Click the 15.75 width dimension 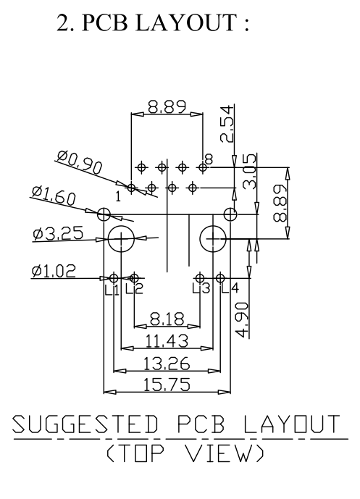pyautogui.click(x=167, y=385)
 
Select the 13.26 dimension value pyautogui.click(x=167, y=364)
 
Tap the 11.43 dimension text pyautogui.click(x=167, y=341)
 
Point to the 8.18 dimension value pyautogui.click(x=167, y=319)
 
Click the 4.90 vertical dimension pyautogui.click(x=243, y=320)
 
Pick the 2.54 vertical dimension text pyautogui.click(x=227, y=124)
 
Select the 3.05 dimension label pyautogui.click(x=250, y=172)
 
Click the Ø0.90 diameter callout pyautogui.click(x=80, y=162)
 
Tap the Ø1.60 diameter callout pyautogui.click(x=54, y=195)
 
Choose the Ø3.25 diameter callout pyautogui.click(x=58, y=233)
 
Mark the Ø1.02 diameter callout pyautogui.click(x=54, y=272)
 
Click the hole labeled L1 pyautogui.click(x=114, y=278)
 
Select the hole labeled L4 pyautogui.click(x=220, y=278)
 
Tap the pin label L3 pyautogui.click(x=201, y=289)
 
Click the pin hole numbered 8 pyautogui.click(x=202, y=167)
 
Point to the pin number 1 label pyautogui.click(x=118, y=197)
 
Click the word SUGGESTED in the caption pyautogui.click(x=85, y=424)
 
